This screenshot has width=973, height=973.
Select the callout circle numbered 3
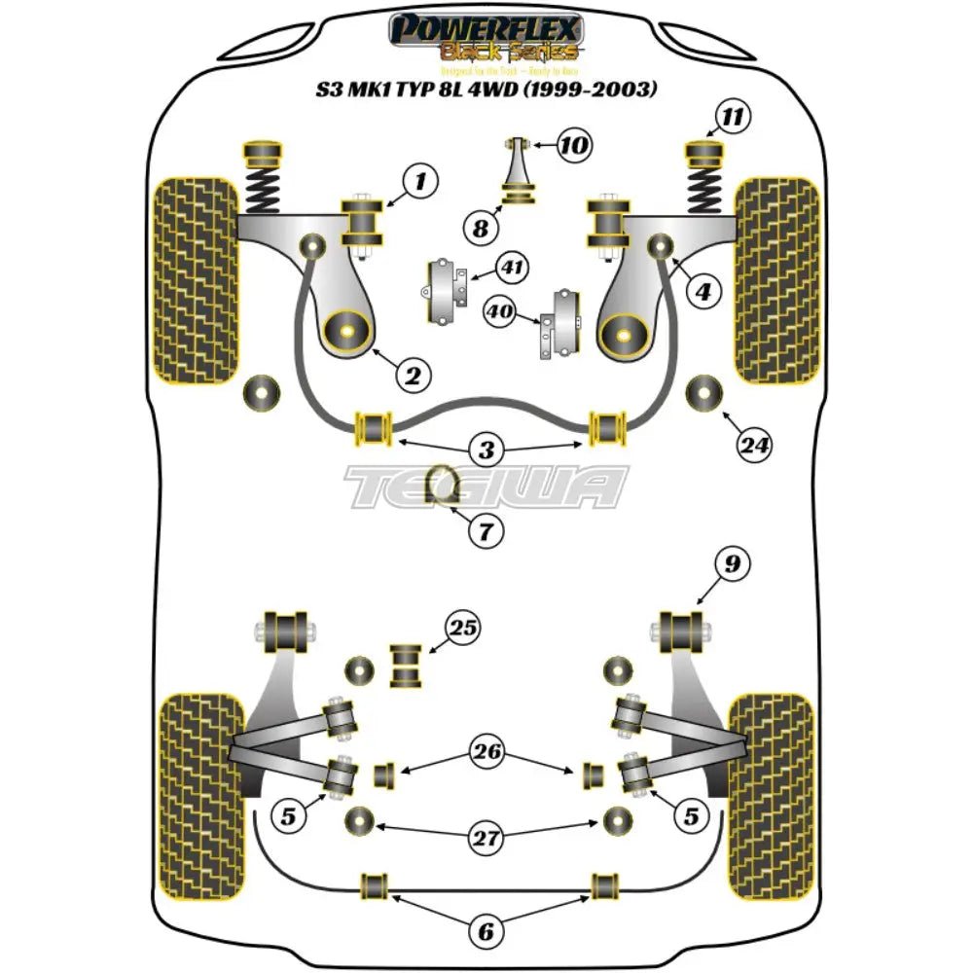pyautogui.click(x=486, y=450)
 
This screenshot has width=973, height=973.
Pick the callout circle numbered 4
pyautogui.click(x=702, y=289)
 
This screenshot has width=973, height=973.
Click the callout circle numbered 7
pyautogui.click(x=486, y=530)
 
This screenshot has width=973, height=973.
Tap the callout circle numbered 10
pyautogui.click(x=575, y=147)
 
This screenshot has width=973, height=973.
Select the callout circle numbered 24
pyautogui.click(x=753, y=446)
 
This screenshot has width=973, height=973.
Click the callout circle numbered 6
pyautogui.click(x=486, y=932)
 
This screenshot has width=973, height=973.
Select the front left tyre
pyautogui.click(x=196, y=279)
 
